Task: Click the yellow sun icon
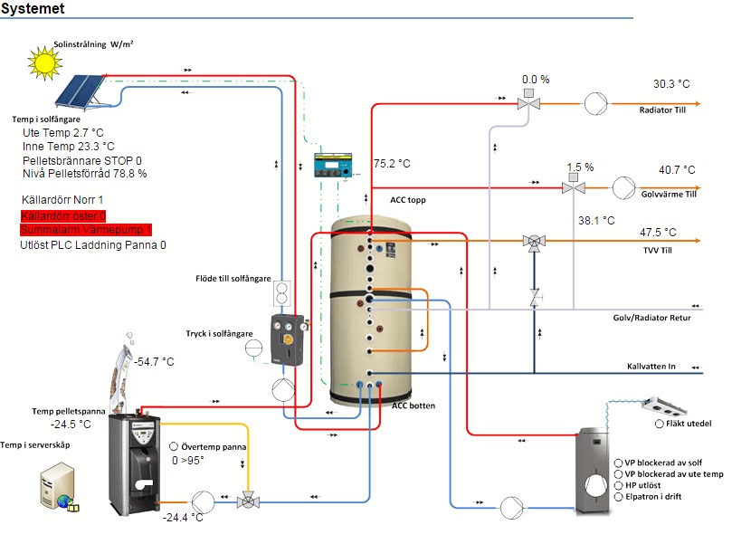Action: [x=43, y=61]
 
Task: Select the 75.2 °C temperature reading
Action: [x=392, y=164]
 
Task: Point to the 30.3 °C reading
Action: [x=671, y=84]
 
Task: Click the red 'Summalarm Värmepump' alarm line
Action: [x=86, y=230]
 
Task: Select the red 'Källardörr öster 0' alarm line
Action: [x=63, y=215]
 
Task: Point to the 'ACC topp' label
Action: [x=408, y=200]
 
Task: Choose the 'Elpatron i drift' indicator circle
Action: [x=618, y=496]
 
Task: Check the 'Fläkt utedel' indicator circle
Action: [x=659, y=424]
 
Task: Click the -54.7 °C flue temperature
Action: [x=155, y=362]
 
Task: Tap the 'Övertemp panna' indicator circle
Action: [x=174, y=447]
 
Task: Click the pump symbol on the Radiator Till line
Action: [x=594, y=104]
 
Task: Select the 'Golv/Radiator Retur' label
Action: [x=651, y=318]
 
